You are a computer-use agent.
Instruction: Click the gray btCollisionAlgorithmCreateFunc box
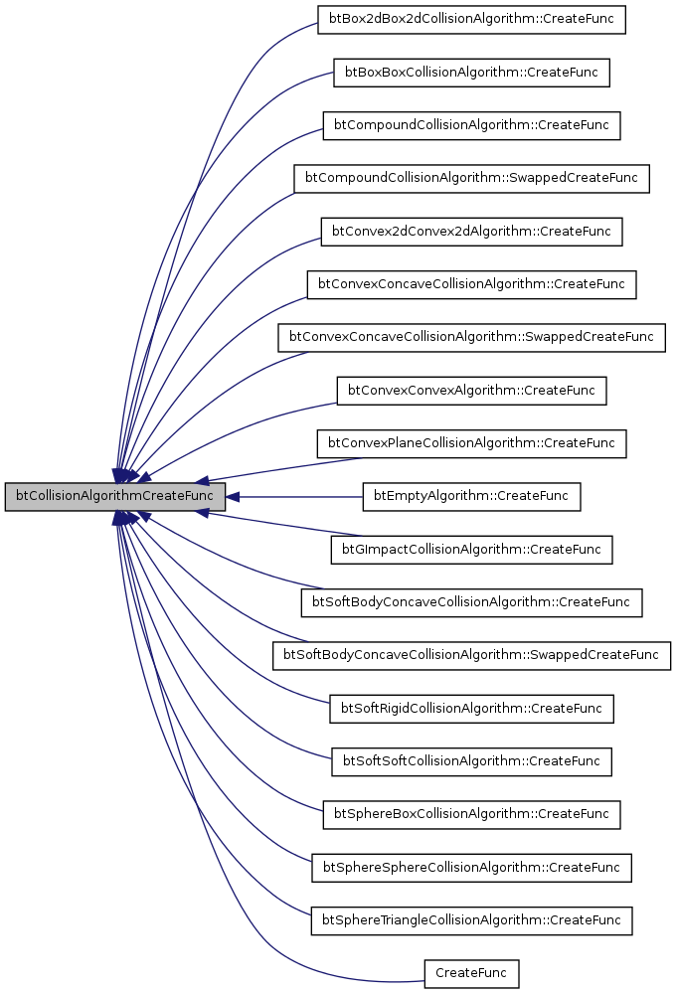tap(115, 496)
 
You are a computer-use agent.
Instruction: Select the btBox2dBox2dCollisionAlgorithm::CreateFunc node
tap(471, 20)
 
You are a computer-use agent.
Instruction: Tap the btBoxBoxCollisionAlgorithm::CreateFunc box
tap(470, 73)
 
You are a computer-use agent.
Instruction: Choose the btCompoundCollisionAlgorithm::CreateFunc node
tap(471, 125)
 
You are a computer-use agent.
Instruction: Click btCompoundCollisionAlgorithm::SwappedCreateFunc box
tap(471, 178)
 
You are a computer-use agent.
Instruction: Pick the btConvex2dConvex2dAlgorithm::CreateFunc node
tap(471, 231)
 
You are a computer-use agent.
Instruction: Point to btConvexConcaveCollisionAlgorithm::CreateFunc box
tap(471, 284)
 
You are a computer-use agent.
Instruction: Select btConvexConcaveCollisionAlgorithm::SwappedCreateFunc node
tap(471, 337)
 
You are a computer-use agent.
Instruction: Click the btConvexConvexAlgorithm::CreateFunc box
tap(471, 391)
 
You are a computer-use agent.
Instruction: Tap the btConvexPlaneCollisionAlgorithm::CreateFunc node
tap(471, 443)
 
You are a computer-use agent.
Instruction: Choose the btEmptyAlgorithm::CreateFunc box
tap(471, 496)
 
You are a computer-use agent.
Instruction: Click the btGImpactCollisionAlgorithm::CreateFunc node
tap(471, 549)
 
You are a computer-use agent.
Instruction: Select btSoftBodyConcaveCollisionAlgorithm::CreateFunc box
tap(471, 602)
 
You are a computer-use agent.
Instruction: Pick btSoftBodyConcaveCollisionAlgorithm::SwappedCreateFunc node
tap(471, 655)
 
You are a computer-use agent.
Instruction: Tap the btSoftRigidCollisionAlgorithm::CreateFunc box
tap(471, 709)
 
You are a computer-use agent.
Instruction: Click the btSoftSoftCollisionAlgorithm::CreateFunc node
tap(471, 761)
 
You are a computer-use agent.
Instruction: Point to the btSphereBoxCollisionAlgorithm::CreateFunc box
tap(471, 814)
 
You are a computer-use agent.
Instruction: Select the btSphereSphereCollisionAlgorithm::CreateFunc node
tap(471, 867)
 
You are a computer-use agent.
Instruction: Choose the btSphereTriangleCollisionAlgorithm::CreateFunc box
tap(471, 920)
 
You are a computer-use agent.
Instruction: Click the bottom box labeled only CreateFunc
tap(471, 973)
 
